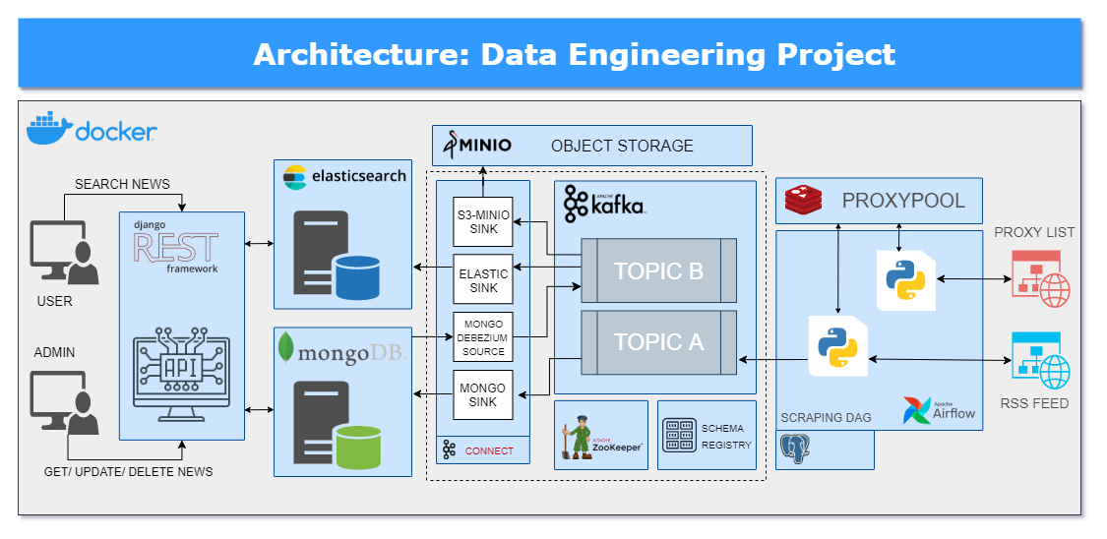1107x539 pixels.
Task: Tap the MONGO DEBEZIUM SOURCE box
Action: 483,337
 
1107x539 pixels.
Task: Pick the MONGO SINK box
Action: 483,394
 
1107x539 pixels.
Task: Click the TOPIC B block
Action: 658,270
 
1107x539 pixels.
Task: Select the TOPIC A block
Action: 658,342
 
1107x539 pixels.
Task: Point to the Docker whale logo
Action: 48,129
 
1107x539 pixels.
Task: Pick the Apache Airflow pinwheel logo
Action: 916,410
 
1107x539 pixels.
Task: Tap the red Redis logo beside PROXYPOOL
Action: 803,202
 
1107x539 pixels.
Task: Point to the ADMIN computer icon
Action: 64,402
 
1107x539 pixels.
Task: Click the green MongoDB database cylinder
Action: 355,448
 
